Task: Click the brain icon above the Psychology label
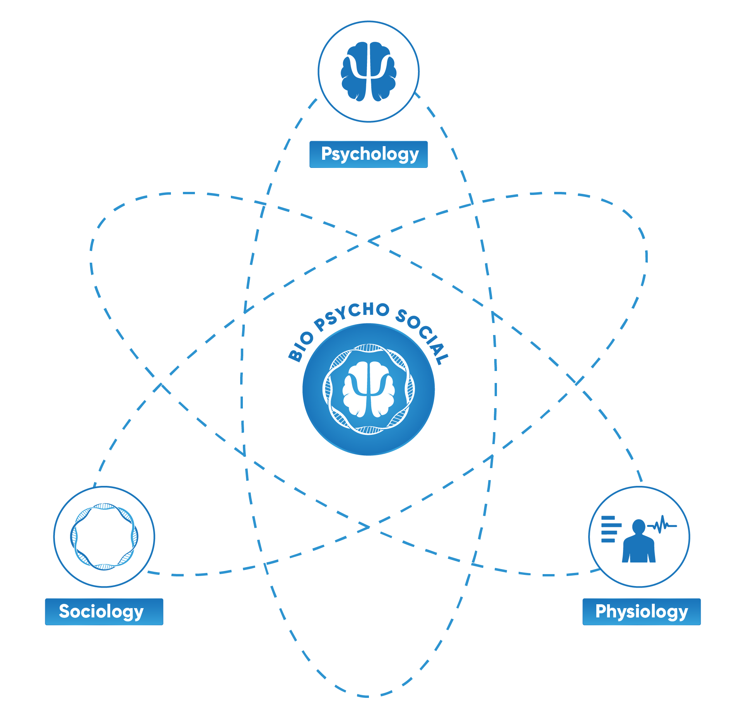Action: tap(369, 72)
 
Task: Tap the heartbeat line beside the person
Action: tap(662, 525)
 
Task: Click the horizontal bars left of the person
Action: tap(611, 529)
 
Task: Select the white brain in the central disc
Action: tap(369, 390)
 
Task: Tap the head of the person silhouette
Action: tap(638, 526)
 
